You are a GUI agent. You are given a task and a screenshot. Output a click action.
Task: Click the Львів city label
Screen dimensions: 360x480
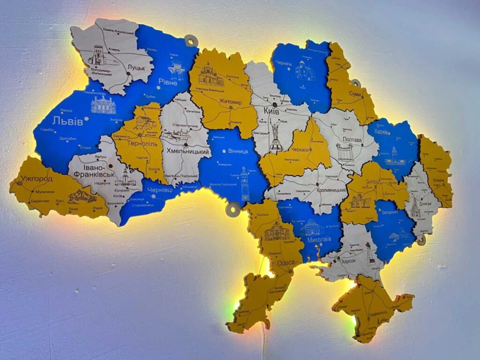(67, 121)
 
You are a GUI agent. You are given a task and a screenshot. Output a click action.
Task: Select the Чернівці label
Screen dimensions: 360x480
(160, 190)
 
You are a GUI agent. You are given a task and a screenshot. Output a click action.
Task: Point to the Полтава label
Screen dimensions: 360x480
(352, 140)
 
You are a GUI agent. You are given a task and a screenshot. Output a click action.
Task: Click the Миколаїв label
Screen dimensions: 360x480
(319, 239)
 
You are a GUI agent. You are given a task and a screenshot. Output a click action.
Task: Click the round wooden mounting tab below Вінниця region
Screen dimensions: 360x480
(232, 209)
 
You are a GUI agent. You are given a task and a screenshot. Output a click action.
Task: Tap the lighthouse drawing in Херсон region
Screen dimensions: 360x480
(370, 253)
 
